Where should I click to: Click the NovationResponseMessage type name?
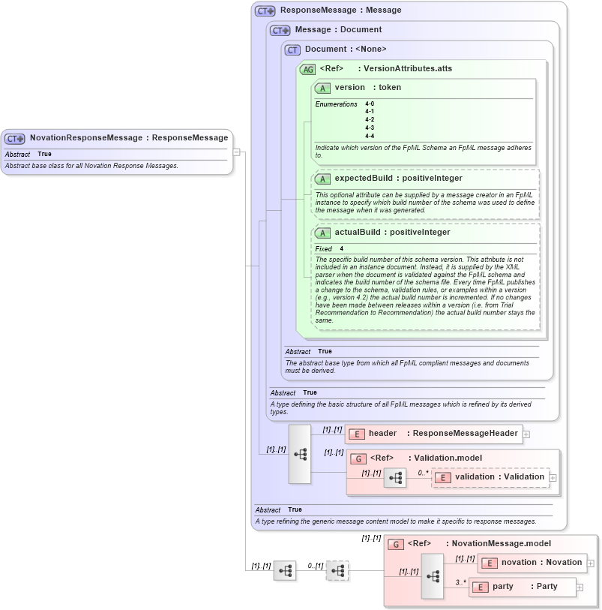click(85, 138)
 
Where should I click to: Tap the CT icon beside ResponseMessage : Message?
click(265, 11)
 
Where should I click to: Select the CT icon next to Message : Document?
click(280, 31)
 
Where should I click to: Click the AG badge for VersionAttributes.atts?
click(307, 70)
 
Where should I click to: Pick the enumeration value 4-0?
click(370, 104)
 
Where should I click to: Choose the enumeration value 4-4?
click(370, 136)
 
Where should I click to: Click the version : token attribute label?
click(367, 88)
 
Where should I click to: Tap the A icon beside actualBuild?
click(323, 233)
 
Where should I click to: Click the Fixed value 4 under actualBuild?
click(342, 248)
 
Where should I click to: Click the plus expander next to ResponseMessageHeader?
click(526, 434)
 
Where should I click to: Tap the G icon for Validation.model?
click(358, 458)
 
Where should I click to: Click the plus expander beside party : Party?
click(580, 587)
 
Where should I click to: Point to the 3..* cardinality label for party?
click(460, 581)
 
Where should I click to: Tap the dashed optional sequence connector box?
click(337, 571)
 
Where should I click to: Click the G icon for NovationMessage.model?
click(396, 544)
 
